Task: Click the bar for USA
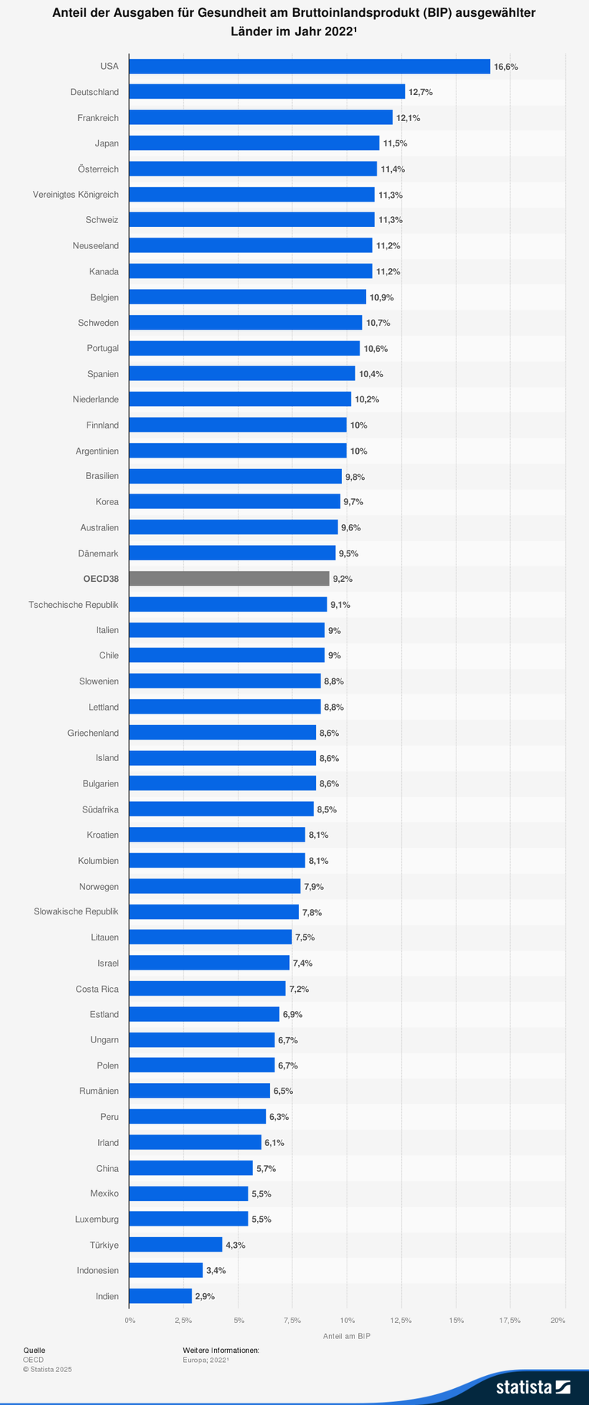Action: point(309,67)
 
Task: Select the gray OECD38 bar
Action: point(229,579)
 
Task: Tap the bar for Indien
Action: point(160,1296)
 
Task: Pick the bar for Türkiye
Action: point(176,1245)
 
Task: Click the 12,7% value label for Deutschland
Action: point(420,92)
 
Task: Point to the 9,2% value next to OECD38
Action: point(343,579)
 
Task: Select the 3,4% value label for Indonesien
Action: point(216,1270)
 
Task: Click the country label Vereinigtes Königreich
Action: point(75,195)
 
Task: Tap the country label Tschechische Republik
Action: point(74,604)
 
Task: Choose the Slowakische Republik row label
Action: point(76,911)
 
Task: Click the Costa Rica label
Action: point(97,989)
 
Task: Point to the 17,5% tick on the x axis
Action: point(509,1320)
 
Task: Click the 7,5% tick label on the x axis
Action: point(291,1320)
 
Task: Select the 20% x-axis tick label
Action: point(558,1320)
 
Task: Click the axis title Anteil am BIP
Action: point(347,1336)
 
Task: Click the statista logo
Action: point(532,1387)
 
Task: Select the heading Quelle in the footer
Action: point(34,1351)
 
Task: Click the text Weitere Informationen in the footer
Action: point(221,1351)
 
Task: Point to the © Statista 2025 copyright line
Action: point(48,1369)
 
